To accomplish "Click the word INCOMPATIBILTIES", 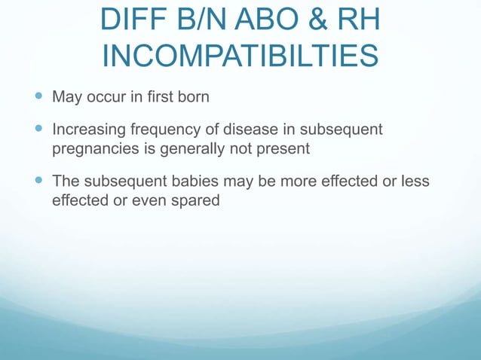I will pyautogui.click(x=240, y=55).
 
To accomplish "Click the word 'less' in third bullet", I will pyautogui.click(x=415, y=182).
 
